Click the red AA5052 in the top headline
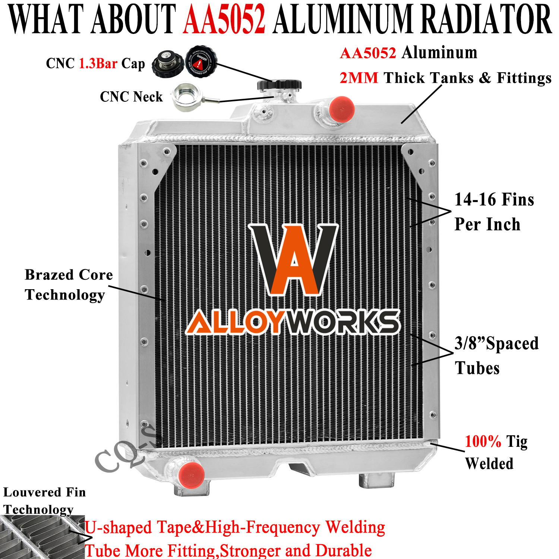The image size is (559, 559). [224, 19]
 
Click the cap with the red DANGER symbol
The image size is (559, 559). [201, 61]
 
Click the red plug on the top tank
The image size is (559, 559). [341, 109]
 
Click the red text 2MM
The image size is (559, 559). [359, 78]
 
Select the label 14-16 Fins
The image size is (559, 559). [494, 199]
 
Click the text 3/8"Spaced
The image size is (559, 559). [496, 343]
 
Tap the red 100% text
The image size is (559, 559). [483, 442]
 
